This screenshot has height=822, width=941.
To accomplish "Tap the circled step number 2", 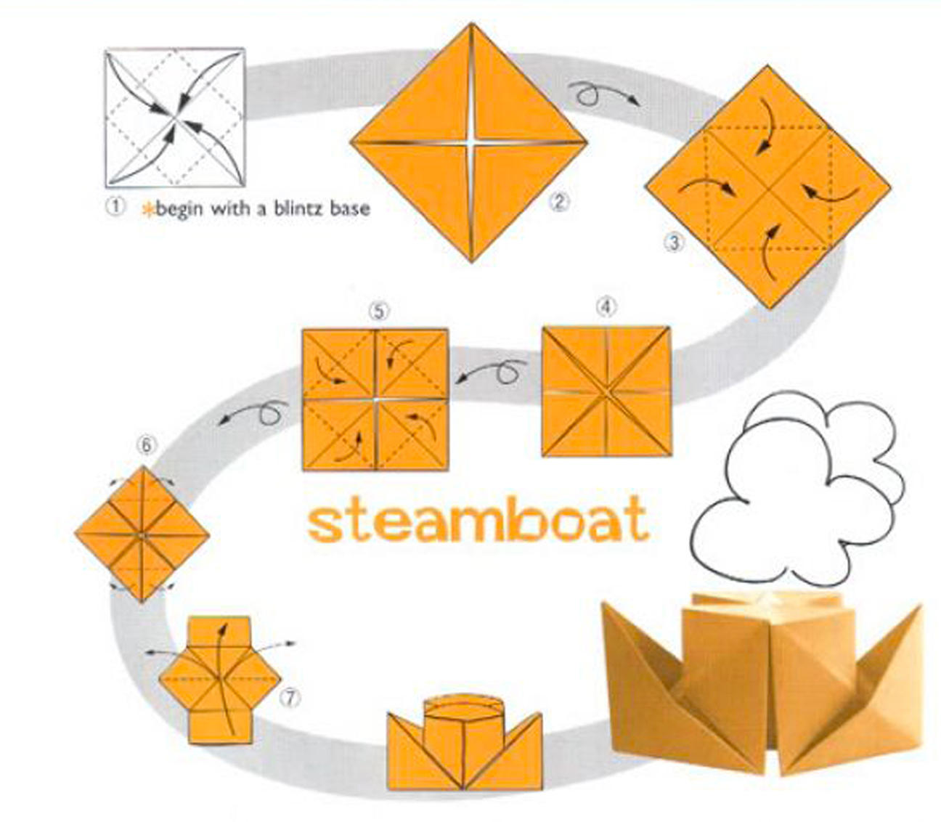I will (x=558, y=202).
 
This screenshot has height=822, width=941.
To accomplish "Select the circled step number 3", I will (x=675, y=243).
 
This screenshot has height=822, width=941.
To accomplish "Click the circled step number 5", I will (x=378, y=312).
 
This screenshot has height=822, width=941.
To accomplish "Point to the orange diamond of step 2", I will (x=469, y=142).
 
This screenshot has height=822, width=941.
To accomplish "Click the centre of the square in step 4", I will (x=606, y=392).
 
